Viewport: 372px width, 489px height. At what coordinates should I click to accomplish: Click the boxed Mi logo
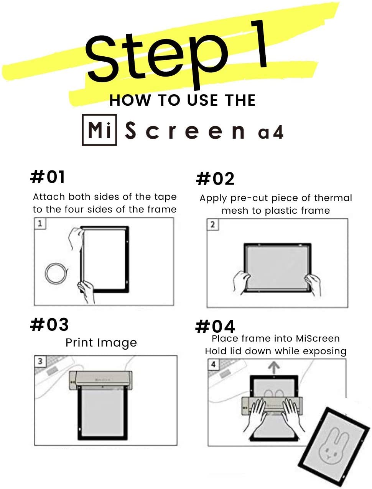point(99,130)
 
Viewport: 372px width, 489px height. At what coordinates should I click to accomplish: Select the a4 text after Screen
point(271,132)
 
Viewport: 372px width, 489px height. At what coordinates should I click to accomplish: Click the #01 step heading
point(48,177)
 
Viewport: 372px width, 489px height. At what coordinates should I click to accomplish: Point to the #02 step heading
point(215,179)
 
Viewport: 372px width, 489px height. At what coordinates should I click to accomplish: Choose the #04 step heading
point(215,327)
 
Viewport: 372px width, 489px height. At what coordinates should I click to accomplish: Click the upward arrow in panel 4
point(274,368)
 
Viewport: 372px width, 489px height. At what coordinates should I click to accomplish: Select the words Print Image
point(101,343)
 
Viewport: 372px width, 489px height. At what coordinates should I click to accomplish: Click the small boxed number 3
point(40,361)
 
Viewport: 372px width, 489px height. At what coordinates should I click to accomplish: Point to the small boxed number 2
point(213,224)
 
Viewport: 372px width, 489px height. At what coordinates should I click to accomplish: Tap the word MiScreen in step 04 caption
point(318,339)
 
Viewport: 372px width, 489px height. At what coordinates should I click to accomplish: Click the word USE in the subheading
point(202,100)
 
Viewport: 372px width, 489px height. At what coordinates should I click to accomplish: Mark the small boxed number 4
point(214,365)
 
